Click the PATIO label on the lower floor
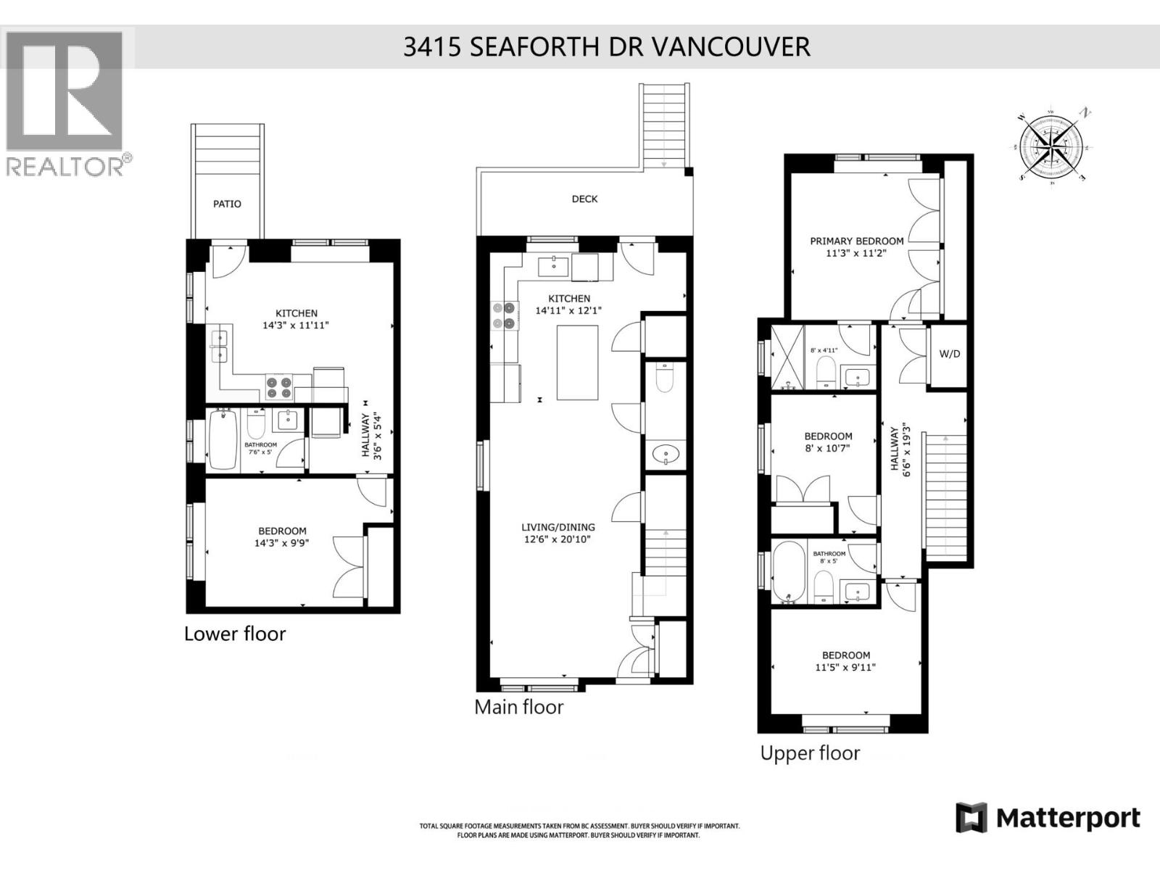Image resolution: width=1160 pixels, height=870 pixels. [x=227, y=204]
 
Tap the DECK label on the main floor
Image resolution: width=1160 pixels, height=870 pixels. [x=584, y=199]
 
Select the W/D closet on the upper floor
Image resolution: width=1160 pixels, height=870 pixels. [x=949, y=354]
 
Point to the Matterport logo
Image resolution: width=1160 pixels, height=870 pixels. [x=1048, y=819]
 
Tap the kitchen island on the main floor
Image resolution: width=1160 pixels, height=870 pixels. [x=577, y=362]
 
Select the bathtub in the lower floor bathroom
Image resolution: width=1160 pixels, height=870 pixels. [x=222, y=440]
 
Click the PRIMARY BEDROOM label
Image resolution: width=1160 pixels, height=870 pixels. [x=856, y=241]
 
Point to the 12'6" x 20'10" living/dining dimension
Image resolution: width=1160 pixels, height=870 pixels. [x=558, y=539]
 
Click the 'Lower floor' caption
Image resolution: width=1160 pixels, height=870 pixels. [x=235, y=634]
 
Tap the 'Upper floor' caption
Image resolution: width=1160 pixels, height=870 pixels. [x=810, y=753]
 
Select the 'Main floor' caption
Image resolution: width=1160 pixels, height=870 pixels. [x=518, y=707]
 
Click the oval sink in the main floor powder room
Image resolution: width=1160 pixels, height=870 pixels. [x=666, y=455]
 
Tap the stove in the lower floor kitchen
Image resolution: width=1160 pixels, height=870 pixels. [x=279, y=386]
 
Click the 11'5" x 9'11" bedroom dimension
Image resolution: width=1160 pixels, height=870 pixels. [x=845, y=667]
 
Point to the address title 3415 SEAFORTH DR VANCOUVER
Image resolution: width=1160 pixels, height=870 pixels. [x=606, y=46]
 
